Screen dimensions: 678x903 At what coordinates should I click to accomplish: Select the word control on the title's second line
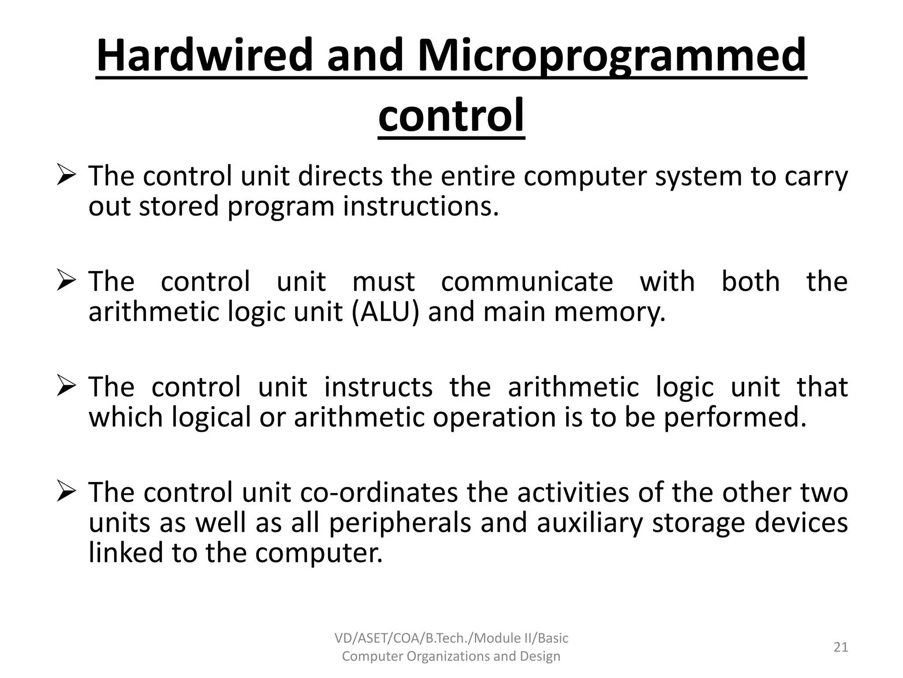pos(451,116)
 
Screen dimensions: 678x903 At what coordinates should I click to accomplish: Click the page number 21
pos(840,647)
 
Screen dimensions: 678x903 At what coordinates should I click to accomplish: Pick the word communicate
pos(527,282)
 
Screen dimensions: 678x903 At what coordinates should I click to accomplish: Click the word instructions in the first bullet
pos(421,207)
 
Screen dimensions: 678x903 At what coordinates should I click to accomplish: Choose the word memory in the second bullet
pos(609,313)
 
